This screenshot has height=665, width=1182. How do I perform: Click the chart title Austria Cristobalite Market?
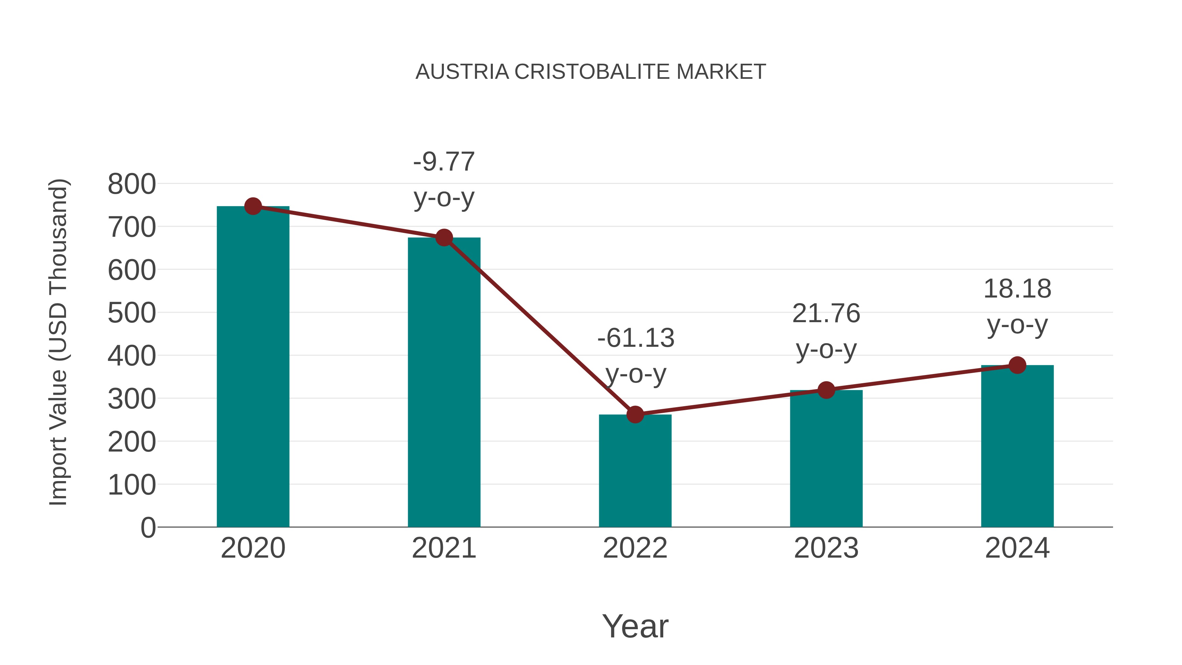(x=591, y=72)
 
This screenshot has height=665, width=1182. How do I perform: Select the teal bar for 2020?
(x=253, y=367)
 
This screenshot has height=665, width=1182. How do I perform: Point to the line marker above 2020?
(x=253, y=207)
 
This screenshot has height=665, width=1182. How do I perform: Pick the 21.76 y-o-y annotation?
(x=826, y=331)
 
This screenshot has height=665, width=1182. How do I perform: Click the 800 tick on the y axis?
(x=132, y=185)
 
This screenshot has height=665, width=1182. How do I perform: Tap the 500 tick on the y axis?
(x=132, y=314)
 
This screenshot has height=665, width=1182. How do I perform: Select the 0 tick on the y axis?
(x=148, y=528)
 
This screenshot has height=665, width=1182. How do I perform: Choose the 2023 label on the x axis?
(x=826, y=548)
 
